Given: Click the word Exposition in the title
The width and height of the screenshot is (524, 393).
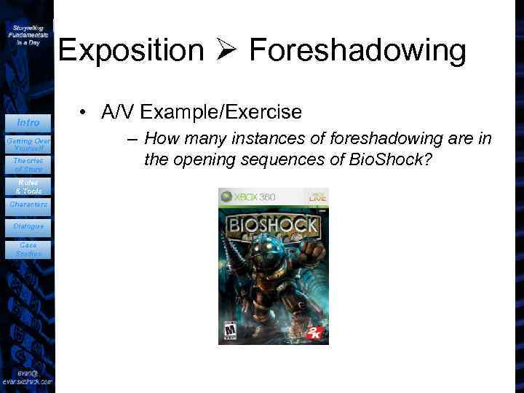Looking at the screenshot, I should point(132,50).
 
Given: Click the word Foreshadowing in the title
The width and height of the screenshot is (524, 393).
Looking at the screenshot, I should point(357,50).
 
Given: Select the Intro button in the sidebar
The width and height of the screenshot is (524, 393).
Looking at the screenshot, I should point(28,122).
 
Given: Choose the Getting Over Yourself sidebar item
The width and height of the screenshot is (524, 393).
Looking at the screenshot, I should point(28,143).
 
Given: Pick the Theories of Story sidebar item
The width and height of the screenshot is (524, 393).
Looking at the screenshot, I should point(28,164).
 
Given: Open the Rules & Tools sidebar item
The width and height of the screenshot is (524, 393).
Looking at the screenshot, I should point(28,186).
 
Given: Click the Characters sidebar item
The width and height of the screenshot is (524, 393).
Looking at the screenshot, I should point(28,205).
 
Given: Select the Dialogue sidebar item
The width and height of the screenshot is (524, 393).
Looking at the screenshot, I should point(28,226).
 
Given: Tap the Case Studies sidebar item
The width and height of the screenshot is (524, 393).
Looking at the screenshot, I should point(28,250).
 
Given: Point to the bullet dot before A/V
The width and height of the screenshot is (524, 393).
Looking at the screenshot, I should point(85,112).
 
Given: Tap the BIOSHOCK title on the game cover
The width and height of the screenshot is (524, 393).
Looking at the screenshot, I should point(274,224).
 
